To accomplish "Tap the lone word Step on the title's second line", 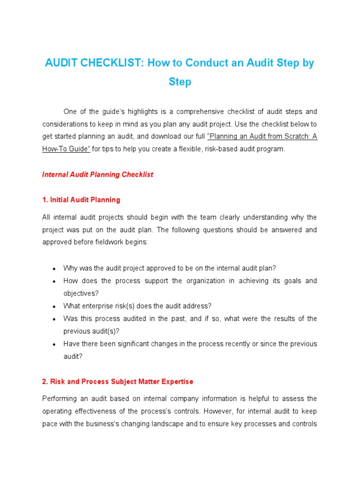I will (x=180, y=82).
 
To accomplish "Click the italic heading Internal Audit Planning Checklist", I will (x=97, y=174).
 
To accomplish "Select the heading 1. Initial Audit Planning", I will (x=81, y=200).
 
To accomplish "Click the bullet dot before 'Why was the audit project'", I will (x=54, y=269).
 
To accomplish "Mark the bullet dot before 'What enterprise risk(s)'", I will (x=54, y=307).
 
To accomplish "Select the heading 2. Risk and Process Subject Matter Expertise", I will (x=118, y=382).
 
